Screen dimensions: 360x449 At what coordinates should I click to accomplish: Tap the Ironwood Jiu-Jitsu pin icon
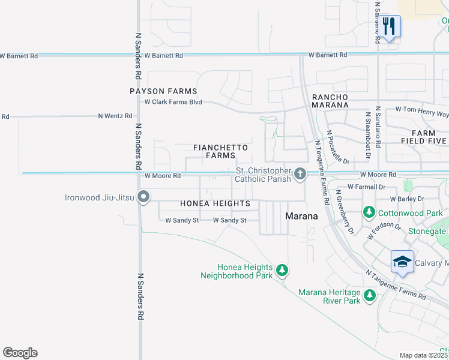(x=143, y=197)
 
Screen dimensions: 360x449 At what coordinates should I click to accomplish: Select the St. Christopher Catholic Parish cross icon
(x=300, y=175)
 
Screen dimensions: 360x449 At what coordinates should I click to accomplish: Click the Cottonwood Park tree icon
(x=369, y=212)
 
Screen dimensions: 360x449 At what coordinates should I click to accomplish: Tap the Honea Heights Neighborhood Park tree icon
(x=282, y=271)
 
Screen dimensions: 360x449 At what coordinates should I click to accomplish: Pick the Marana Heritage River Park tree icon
(x=369, y=295)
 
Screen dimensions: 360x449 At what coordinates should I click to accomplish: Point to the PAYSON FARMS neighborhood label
(x=163, y=91)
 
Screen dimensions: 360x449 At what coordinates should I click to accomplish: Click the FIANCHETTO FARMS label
(x=220, y=151)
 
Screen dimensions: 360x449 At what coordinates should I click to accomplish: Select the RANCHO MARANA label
(x=330, y=101)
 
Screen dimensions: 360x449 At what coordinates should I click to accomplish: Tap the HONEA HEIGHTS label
(x=215, y=204)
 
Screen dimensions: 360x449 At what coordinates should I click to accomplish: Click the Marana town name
(x=301, y=216)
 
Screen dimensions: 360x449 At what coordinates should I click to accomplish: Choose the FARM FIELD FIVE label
(x=429, y=137)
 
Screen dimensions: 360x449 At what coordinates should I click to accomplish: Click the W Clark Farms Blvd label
(x=173, y=101)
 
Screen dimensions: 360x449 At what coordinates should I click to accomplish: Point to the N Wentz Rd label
(x=115, y=115)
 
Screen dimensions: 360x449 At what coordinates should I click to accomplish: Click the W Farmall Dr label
(x=366, y=187)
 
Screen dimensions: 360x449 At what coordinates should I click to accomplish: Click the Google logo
(x=20, y=353)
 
